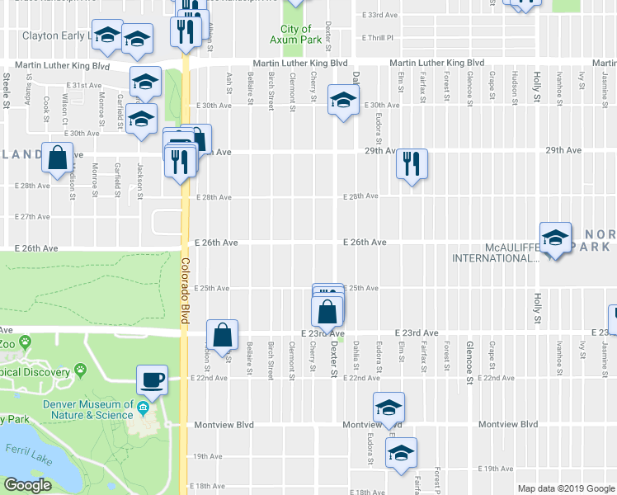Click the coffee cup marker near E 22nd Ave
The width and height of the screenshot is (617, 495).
[x=152, y=380]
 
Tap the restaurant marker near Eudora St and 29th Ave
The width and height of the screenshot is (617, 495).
[x=410, y=163]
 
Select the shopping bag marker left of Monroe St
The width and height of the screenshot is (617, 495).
[x=59, y=158]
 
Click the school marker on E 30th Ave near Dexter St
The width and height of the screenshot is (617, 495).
[x=341, y=100]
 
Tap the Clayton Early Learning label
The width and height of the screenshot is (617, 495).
[x=54, y=36]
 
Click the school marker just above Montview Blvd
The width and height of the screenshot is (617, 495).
[x=389, y=407]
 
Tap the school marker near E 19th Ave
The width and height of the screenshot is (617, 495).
[x=402, y=452]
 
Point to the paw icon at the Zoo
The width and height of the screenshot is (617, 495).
[x=26, y=340]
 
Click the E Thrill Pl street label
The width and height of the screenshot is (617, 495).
[x=379, y=37]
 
